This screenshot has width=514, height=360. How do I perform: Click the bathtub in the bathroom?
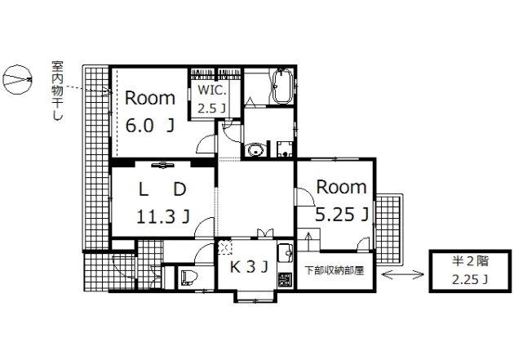pos(282,87)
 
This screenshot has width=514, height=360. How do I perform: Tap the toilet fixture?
pos(189,278)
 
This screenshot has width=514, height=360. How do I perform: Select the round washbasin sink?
pos(255,150)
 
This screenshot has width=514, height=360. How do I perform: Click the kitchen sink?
pos(285,252)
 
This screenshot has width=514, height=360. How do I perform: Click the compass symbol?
pos(18,80)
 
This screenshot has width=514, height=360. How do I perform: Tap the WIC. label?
pos(212,91)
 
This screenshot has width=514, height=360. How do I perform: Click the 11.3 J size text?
pos(163,216)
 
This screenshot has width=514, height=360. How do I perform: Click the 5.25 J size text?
pos(342,215)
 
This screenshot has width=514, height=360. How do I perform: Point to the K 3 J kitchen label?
pos(249,267)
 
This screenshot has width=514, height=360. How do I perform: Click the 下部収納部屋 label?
pos(335,270)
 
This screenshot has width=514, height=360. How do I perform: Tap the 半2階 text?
pos(470,261)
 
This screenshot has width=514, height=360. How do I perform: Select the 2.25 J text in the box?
pos(470,280)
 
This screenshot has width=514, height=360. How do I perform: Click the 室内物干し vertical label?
pos(58,91)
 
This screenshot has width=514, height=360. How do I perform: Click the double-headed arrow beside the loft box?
pos(403,274)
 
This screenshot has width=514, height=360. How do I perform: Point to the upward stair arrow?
pos(308,242)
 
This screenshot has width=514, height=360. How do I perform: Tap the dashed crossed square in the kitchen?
pos(225,247)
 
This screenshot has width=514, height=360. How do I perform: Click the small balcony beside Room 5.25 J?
pos(388,229)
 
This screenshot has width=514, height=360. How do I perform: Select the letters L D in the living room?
pos(162,189)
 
